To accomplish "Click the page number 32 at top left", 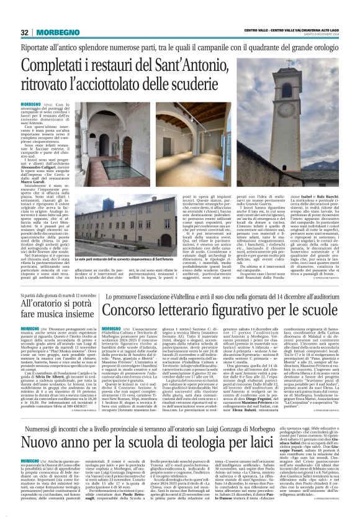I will [x=25, y=32].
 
